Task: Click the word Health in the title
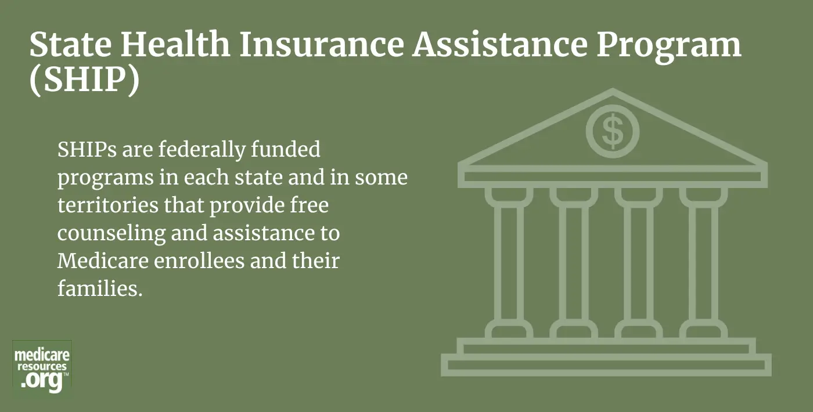tap(175, 44)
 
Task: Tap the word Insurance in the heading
tap(322, 44)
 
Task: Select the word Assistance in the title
tap(500, 44)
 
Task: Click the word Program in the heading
tap(669, 48)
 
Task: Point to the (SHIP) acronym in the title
tap(85, 80)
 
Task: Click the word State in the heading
tap(71, 44)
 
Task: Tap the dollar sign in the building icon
tap(613, 131)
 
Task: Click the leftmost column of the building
tap(509, 263)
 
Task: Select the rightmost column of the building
tap(703, 263)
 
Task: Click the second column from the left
tap(574, 263)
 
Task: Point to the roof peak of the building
tap(613, 89)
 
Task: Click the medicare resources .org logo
tap(42, 367)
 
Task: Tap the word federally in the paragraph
tap(202, 150)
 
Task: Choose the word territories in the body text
tap(108, 205)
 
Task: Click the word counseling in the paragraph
tap(111, 234)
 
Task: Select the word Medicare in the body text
tap(103, 261)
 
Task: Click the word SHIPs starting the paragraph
tap(87, 150)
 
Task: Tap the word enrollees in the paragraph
tap(199, 261)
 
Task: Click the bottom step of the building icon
tap(606, 365)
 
